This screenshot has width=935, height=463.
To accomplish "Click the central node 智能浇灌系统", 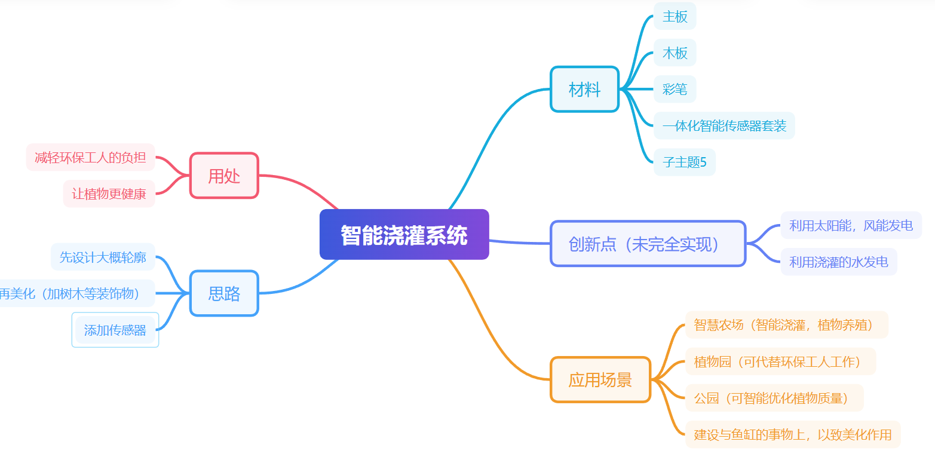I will [404, 235].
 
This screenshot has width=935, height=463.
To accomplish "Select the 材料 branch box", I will [584, 90].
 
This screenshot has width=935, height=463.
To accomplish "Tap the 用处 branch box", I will [224, 176].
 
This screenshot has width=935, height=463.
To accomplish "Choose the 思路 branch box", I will [224, 293].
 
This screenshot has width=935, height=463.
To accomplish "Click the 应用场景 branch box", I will [600, 380].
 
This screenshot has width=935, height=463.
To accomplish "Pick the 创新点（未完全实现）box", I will [648, 244].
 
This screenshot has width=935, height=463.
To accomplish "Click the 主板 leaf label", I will [675, 17].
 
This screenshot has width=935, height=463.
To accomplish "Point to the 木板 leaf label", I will [675, 53].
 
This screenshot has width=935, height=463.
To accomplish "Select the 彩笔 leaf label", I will [675, 90].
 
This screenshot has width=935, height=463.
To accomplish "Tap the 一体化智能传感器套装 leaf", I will [724, 126].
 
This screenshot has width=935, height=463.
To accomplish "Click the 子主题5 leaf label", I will [685, 162].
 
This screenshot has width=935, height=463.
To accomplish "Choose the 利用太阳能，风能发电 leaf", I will [851, 225].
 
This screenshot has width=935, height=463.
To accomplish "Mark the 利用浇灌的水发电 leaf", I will [838, 262].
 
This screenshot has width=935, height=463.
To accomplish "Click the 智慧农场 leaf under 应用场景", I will [786, 325].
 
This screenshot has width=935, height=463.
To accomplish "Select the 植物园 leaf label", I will [780, 361].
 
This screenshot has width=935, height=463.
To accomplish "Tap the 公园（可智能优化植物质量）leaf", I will [774, 398].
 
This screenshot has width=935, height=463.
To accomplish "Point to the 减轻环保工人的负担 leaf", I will [90, 158].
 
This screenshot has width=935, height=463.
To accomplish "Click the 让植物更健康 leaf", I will [109, 194].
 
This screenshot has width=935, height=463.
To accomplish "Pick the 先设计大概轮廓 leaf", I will [103, 257].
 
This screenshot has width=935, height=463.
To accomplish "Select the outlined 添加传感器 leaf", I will [115, 330].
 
